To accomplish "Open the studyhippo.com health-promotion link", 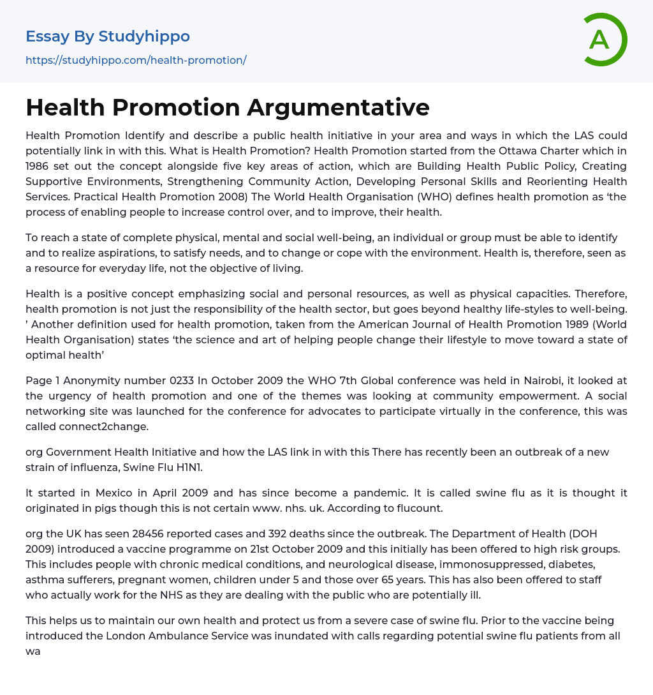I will (x=136, y=61).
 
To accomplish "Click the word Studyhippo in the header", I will (x=144, y=36).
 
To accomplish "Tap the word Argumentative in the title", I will (x=338, y=107).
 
